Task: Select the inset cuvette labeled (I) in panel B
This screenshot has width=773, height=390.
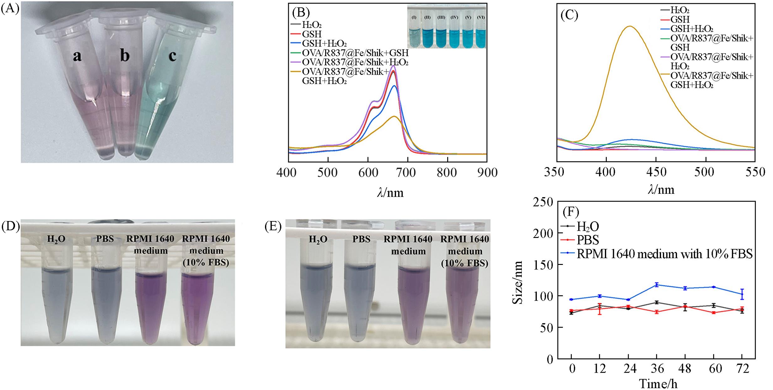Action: [x=414, y=38]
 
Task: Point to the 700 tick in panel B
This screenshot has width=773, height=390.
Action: [x=407, y=172]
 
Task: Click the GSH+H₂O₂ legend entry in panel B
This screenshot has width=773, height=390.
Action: [x=324, y=43]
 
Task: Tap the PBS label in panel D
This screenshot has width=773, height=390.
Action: [x=105, y=239]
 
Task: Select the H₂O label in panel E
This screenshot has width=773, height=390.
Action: [x=318, y=240]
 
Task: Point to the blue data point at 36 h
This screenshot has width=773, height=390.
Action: [x=656, y=285]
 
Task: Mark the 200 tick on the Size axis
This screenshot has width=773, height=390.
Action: [x=545, y=233]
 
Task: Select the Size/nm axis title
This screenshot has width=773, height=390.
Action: [x=518, y=282]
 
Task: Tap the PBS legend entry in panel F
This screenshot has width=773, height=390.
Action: [x=588, y=240]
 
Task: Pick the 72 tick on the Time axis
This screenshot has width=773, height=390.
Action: [x=742, y=369]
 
